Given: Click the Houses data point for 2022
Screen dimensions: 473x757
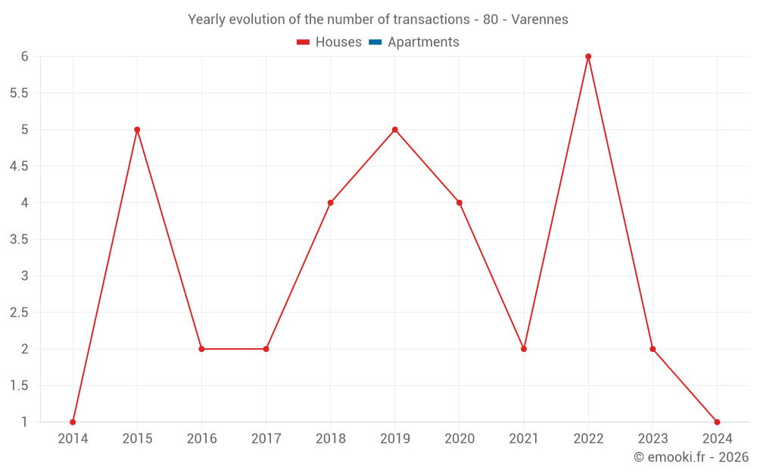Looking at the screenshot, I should click(588, 57).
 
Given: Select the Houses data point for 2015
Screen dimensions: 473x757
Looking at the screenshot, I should click(137, 129).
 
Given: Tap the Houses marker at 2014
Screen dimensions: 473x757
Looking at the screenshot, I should click(73, 422).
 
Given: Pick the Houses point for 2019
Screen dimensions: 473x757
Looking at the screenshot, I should click(395, 129).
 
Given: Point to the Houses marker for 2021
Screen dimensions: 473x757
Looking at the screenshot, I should click(524, 349).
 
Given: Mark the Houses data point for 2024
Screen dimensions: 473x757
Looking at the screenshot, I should click(717, 422).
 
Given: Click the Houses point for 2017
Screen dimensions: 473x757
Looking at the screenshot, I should click(266, 349).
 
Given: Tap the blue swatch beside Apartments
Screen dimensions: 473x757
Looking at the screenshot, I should click(375, 42).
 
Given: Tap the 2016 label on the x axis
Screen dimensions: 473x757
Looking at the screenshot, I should click(201, 439).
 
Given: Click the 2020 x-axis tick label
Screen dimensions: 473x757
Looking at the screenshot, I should click(459, 439).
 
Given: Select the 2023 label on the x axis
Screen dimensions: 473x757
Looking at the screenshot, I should click(653, 439).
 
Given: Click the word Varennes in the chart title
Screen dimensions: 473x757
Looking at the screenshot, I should click(540, 20).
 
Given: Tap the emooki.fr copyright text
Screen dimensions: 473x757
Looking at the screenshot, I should click(691, 457).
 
